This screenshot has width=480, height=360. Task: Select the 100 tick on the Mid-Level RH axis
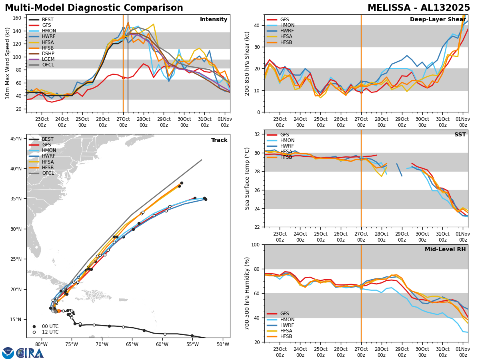tap(256, 244)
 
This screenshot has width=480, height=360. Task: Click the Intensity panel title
tap(214, 20)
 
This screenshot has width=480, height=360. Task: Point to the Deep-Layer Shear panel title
tap(438, 20)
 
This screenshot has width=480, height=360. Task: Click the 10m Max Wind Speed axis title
tap(8, 63)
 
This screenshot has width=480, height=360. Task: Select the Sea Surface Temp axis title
tap(247, 178)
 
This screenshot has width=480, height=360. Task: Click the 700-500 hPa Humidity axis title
tap(247, 293)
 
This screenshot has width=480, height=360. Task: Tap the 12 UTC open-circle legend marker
tap(34, 332)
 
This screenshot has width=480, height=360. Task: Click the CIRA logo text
tap(30, 353)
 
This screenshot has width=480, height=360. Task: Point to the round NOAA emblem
tap(8, 353)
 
